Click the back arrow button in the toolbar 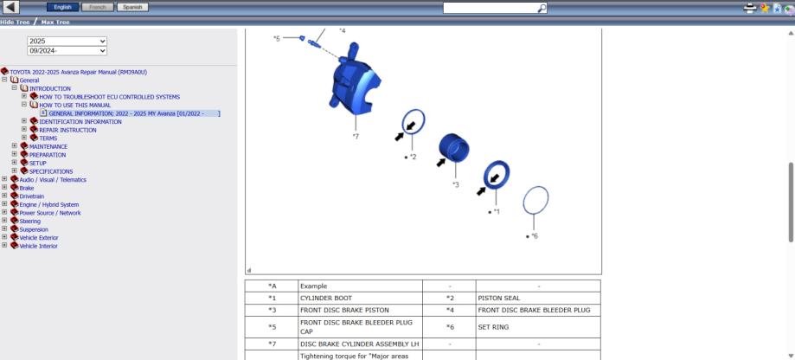[10, 7]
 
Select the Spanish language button [132, 7]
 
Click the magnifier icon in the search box [542, 8]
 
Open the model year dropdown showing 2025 [67, 41]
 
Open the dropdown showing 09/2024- [67, 51]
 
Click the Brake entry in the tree [26, 188]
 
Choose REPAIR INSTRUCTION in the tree [67, 131]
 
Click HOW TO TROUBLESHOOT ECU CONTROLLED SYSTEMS [110, 97]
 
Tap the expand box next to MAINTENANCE [14, 146]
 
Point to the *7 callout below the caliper [356, 137]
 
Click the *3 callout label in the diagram [455, 184]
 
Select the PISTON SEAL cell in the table [499, 299]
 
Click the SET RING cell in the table [493, 327]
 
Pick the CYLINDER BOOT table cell [326, 299]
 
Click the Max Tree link [55, 22]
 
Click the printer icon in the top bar [750, 8]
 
